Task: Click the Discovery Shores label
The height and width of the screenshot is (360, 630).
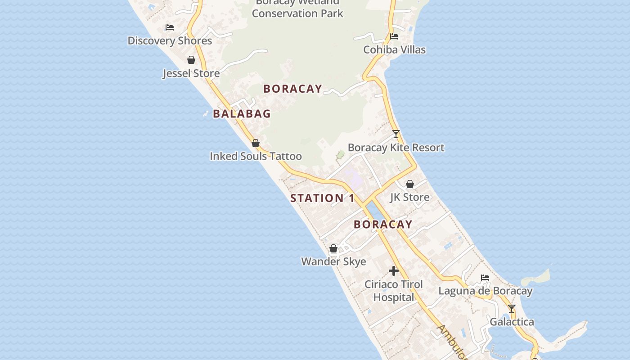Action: click(170, 40)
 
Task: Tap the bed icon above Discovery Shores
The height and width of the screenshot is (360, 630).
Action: click(170, 27)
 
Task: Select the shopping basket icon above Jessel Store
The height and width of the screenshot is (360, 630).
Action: click(191, 60)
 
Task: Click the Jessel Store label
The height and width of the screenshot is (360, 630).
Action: click(191, 73)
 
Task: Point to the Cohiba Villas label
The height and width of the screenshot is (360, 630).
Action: click(394, 49)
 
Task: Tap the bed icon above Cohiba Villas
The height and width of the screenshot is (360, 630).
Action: click(394, 36)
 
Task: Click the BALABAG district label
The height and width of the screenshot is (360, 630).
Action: click(242, 114)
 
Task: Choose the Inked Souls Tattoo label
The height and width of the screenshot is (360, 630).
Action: click(256, 156)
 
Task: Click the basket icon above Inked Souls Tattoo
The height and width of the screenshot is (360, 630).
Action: click(256, 143)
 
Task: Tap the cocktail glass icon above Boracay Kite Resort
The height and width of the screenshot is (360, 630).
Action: click(396, 134)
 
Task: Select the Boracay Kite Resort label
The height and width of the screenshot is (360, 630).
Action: click(396, 148)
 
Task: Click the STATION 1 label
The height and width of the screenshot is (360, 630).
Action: click(322, 198)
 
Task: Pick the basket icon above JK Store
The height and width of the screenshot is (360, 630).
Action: click(410, 184)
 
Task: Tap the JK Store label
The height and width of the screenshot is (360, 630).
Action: click(409, 197)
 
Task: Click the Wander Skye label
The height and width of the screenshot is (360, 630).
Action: click(333, 261)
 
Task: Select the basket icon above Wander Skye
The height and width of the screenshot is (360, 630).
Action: click(333, 248)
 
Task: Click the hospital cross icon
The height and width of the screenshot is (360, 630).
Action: click(394, 271)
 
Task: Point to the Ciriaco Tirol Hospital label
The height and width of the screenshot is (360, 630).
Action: click(394, 291)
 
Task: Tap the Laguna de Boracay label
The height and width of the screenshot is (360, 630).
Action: click(485, 291)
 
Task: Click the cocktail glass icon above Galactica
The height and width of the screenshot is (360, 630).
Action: click(512, 309)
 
